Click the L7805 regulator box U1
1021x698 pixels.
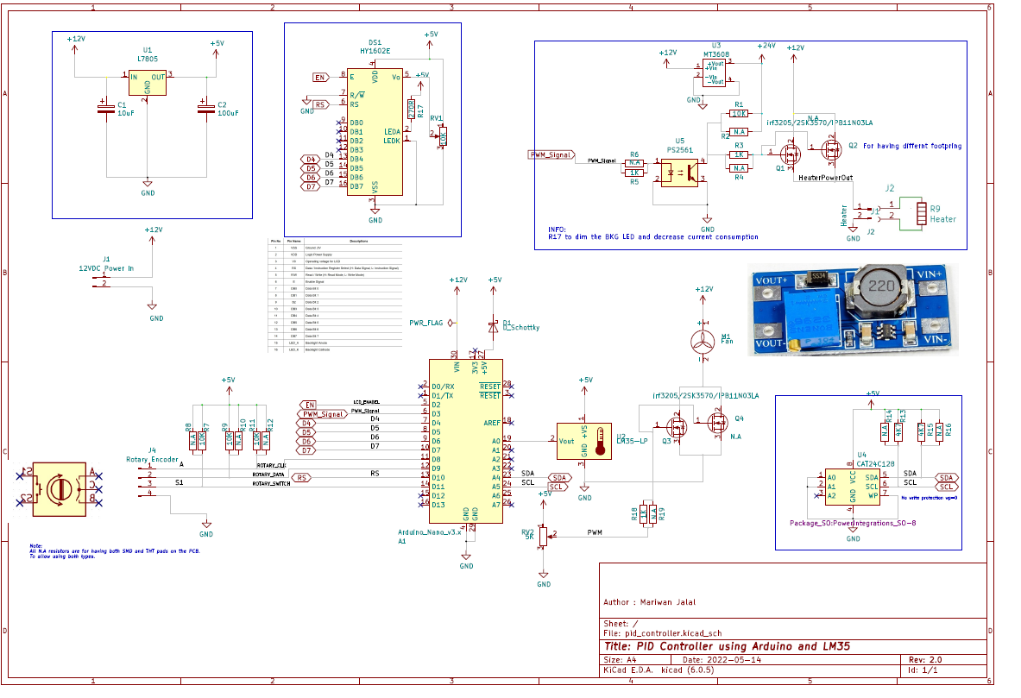[147, 83]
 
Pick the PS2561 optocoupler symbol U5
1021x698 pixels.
[679, 170]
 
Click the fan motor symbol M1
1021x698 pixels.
[704, 341]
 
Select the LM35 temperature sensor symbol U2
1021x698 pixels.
[584, 441]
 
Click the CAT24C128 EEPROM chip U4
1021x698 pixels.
[853, 487]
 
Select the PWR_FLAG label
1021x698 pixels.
[425, 322]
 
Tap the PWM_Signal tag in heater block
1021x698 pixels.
[551, 155]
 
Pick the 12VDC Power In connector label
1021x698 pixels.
[106, 267]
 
